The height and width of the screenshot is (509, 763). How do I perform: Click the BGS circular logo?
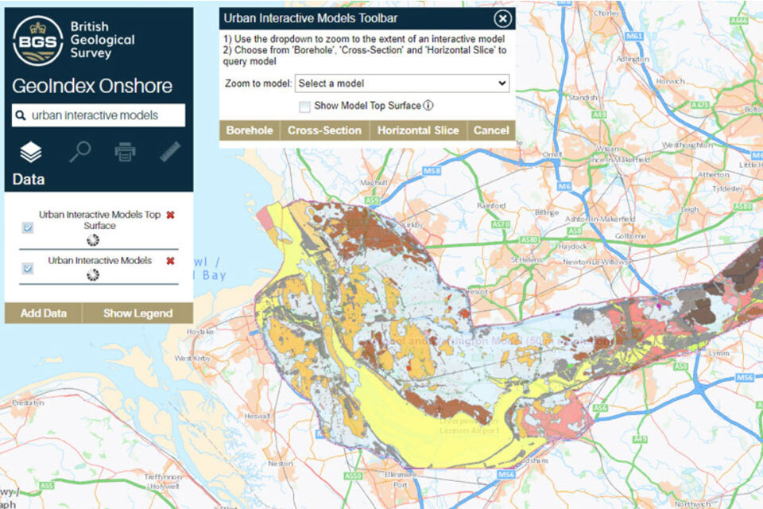point(38,41)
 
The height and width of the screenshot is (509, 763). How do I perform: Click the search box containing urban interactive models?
point(99,115)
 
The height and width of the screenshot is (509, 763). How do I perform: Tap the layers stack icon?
point(31,152)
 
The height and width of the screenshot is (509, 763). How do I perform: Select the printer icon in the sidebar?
point(125,152)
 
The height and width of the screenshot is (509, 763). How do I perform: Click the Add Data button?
point(43,313)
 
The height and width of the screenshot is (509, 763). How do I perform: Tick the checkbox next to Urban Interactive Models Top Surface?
point(28,227)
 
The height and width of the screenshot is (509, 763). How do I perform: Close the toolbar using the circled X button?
point(502,19)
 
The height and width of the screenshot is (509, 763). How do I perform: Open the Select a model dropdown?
point(402,83)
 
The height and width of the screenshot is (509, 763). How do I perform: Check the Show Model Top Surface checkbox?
point(304,106)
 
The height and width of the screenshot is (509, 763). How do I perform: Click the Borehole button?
point(250,130)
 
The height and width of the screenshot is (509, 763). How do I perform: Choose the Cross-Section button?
point(324,130)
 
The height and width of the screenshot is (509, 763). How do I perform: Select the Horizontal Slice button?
point(418,130)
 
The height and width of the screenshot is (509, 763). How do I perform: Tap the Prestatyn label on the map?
point(28,402)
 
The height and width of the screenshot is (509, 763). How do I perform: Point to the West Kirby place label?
point(192,359)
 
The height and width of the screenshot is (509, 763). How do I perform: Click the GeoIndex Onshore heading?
point(92,87)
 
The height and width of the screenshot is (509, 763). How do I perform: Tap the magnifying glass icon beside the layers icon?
point(79,152)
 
